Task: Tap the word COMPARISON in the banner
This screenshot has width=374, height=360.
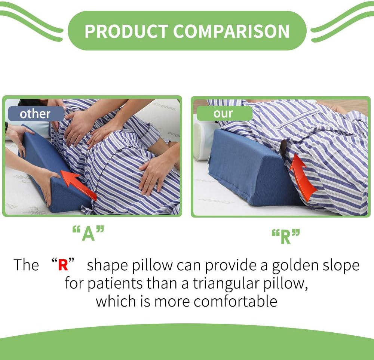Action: (x=232, y=31)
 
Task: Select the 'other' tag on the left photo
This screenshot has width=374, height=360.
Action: (x=35, y=114)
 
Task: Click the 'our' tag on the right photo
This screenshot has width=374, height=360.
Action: (x=223, y=113)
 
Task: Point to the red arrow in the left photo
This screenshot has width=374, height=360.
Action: (x=77, y=184)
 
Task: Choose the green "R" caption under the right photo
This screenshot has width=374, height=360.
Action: (x=286, y=237)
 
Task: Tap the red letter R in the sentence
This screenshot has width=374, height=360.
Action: (x=63, y=265)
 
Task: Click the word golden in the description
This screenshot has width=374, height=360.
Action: (x=295, y=265)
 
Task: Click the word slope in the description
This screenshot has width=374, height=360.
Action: (x=340, y=265)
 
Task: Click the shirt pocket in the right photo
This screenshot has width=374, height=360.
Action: (x=299, y=120)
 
